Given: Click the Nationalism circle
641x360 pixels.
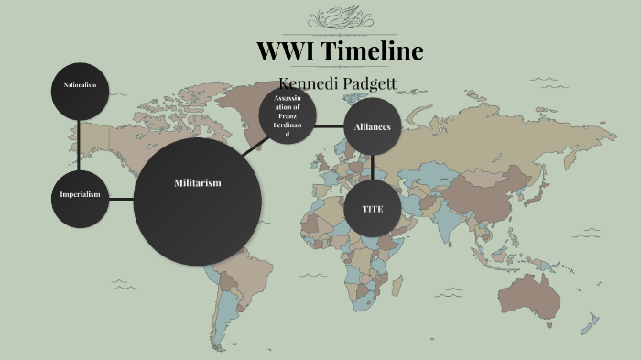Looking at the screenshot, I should pos(80,88).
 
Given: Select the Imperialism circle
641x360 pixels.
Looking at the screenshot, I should pos(80,197).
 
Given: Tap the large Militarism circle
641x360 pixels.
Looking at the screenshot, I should pos(196,202).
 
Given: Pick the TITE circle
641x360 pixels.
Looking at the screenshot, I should pos(372,209).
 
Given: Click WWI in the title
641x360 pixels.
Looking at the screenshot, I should pos(285,51).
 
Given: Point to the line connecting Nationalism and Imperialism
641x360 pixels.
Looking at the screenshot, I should pos(80,144).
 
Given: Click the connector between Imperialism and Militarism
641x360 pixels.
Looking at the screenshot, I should pos(121,198).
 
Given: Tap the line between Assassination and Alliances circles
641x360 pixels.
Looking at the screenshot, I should pos(330,125).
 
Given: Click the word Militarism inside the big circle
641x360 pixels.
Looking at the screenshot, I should pos(197,183).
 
